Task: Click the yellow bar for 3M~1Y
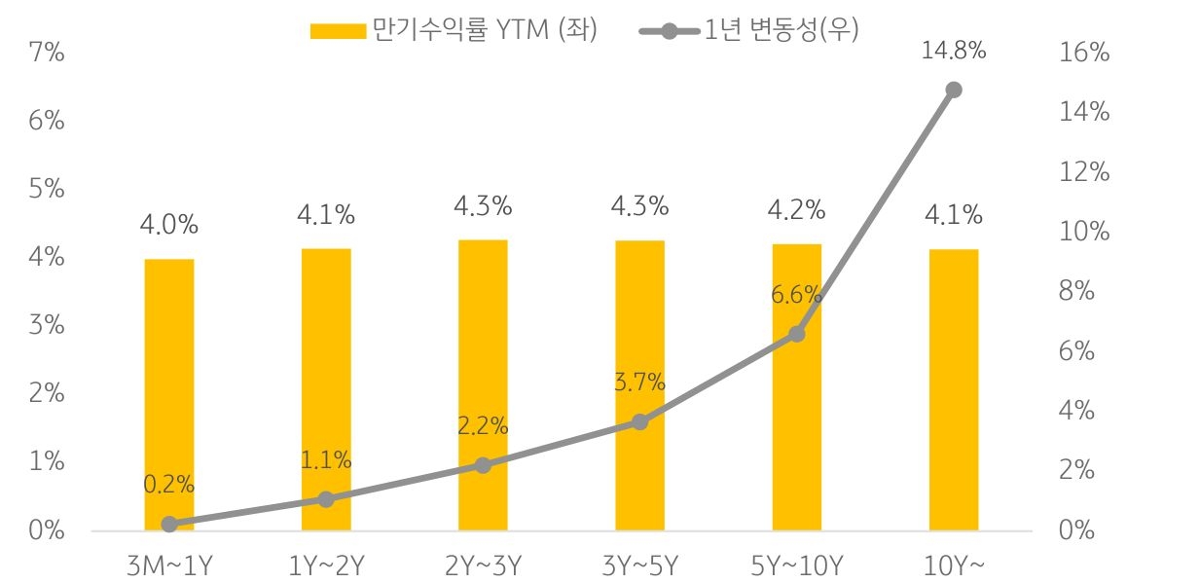coord(169,394)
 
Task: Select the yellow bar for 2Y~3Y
coord(483,384)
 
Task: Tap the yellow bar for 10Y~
coord(953,389)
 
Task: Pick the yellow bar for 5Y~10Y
coord(796,386)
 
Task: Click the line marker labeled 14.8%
coord(953,90)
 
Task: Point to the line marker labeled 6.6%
coord(796,334)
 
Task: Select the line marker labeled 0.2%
coord(169,525)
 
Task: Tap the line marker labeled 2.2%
coord(483,465)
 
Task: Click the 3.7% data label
coord(639,383)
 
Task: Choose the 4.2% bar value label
coord(796,210)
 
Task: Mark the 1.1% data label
coord(326,460)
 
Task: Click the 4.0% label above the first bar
coord(169,225)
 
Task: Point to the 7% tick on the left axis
coord(46,53)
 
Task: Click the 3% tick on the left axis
coord(46,325)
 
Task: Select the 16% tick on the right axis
coord(1082,53)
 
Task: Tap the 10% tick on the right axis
coord(1082,232)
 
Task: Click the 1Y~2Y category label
coord(326,565)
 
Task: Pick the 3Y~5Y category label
coord(639,565)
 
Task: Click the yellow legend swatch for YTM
coord(337,31)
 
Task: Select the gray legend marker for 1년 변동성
coord(668,31)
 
